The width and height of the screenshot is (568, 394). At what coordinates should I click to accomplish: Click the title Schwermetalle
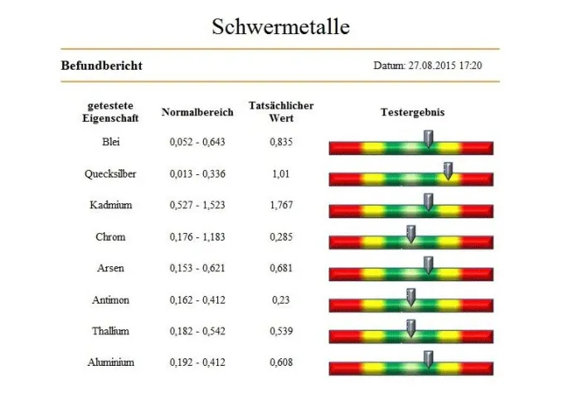[x=280, y=27]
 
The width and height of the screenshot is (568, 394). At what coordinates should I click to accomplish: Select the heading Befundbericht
[x=101, y=66]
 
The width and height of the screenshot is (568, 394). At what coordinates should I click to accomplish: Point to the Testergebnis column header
[x=411, y=111]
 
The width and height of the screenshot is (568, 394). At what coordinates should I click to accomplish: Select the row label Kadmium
[x=110, y=205]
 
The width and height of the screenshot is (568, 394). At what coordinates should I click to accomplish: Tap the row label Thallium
[x=110, y=331]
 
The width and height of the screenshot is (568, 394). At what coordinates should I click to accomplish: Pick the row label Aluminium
[x=110, y=362]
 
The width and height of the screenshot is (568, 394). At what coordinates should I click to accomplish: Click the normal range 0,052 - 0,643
[x=197, y=142]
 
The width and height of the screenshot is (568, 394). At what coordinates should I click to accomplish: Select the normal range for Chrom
[x=197, y=236]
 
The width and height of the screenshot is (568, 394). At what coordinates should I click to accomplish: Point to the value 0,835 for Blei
[x=281, y=142]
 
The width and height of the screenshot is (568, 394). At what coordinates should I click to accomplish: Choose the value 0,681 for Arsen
[x=281, y=268]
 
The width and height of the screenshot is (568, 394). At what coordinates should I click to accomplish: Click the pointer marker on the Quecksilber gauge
[x=448, y=172]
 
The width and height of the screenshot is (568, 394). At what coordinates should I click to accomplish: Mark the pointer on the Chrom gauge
[x=410, y=234]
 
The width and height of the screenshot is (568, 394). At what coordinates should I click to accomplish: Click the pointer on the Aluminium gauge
[x=428, y=359]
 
